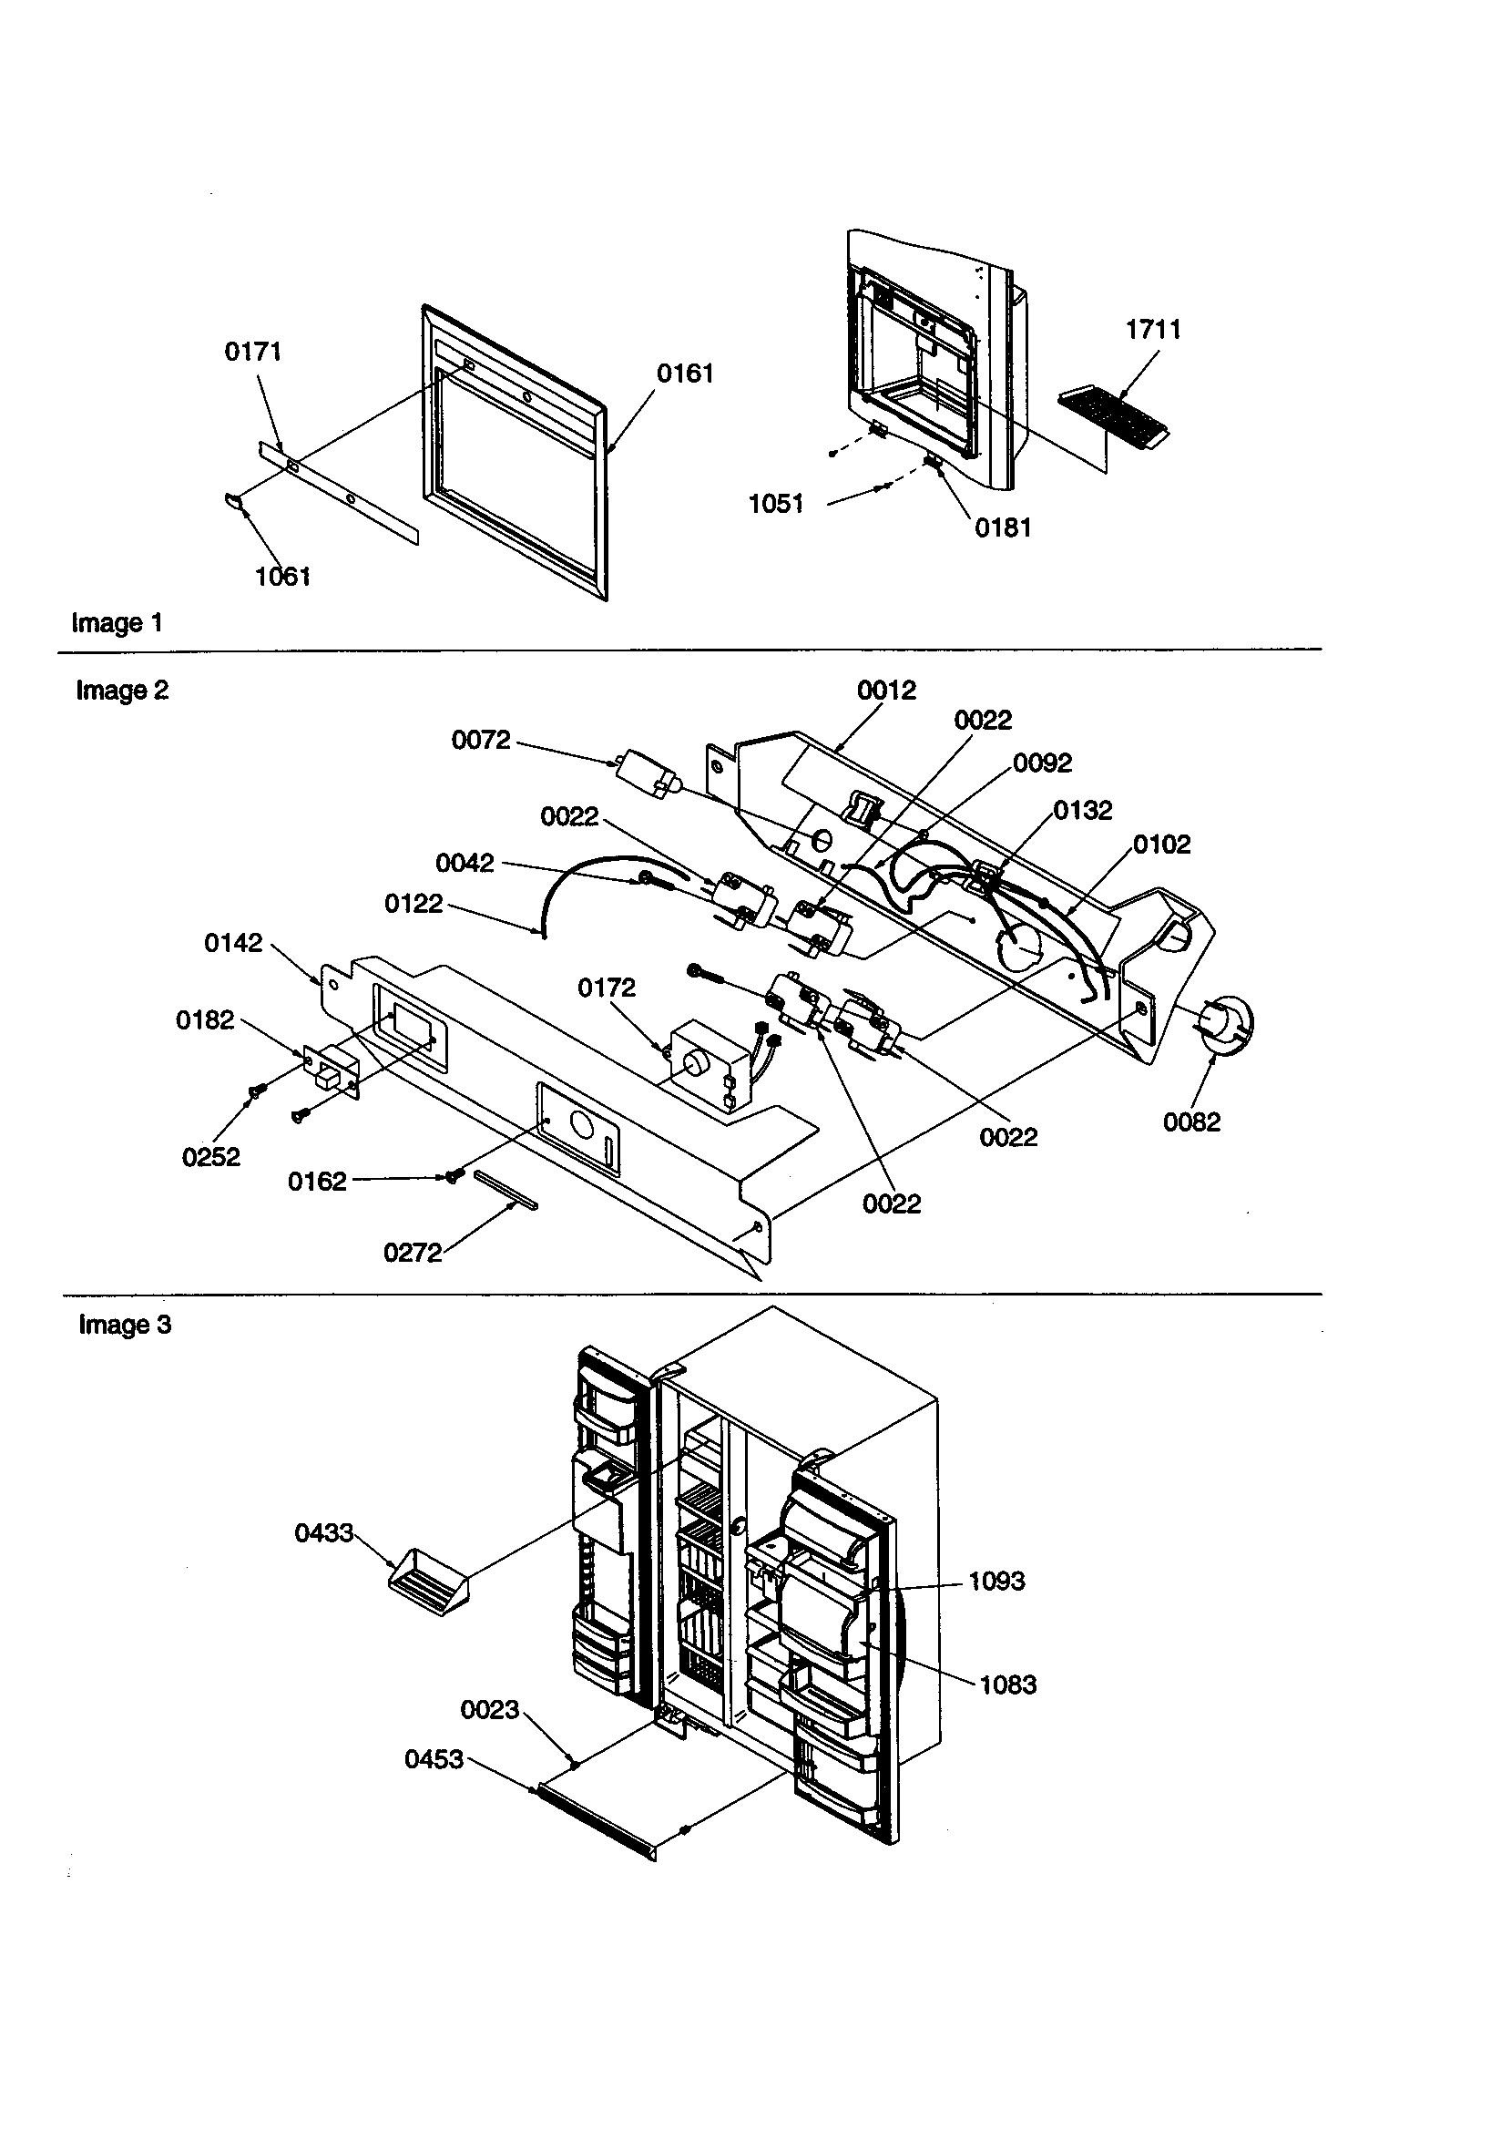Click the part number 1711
click(1152, 329)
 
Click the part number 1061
click(283, 577)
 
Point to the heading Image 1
click(117, 622)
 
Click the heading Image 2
click(121, 691)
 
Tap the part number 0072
click(481, 741)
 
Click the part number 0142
click(233, 944)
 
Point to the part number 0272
click(412, 1254)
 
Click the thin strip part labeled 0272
click(505, 1189)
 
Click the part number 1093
click(996, 1581)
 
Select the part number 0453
click(434, 1759)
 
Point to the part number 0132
click(1082, 811)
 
